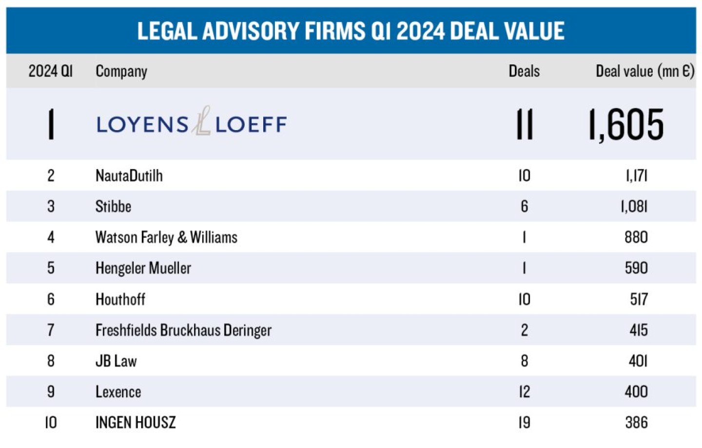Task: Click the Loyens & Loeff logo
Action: [x=191, y=123]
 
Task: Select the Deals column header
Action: [x=524, y=71]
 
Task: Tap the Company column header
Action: [x=121, y=71]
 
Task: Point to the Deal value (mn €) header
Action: [x=644, y=71]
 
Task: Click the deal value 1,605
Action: [x=626, y=124]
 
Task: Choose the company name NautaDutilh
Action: [x=129, y=175]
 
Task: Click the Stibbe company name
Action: [x=113, y=206]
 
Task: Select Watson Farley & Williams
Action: [x=166, y=237]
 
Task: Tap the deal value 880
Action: [x=636, y=237]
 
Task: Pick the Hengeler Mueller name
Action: [x=143, y=268]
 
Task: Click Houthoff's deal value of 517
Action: [x=639, y=299]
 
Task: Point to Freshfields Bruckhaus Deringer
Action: [x=183, y=330]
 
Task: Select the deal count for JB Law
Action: [x=524, y=361]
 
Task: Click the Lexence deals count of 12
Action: [x=524, y=391]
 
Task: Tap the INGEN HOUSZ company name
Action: [x=136, y=422]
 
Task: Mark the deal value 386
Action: [x=636, y=422]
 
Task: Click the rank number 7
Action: [x=51, y=330]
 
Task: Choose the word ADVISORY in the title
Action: [x=251, y=31]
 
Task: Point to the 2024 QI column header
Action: [x=50, y=71]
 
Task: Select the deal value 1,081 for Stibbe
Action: [x=634, y=206]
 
